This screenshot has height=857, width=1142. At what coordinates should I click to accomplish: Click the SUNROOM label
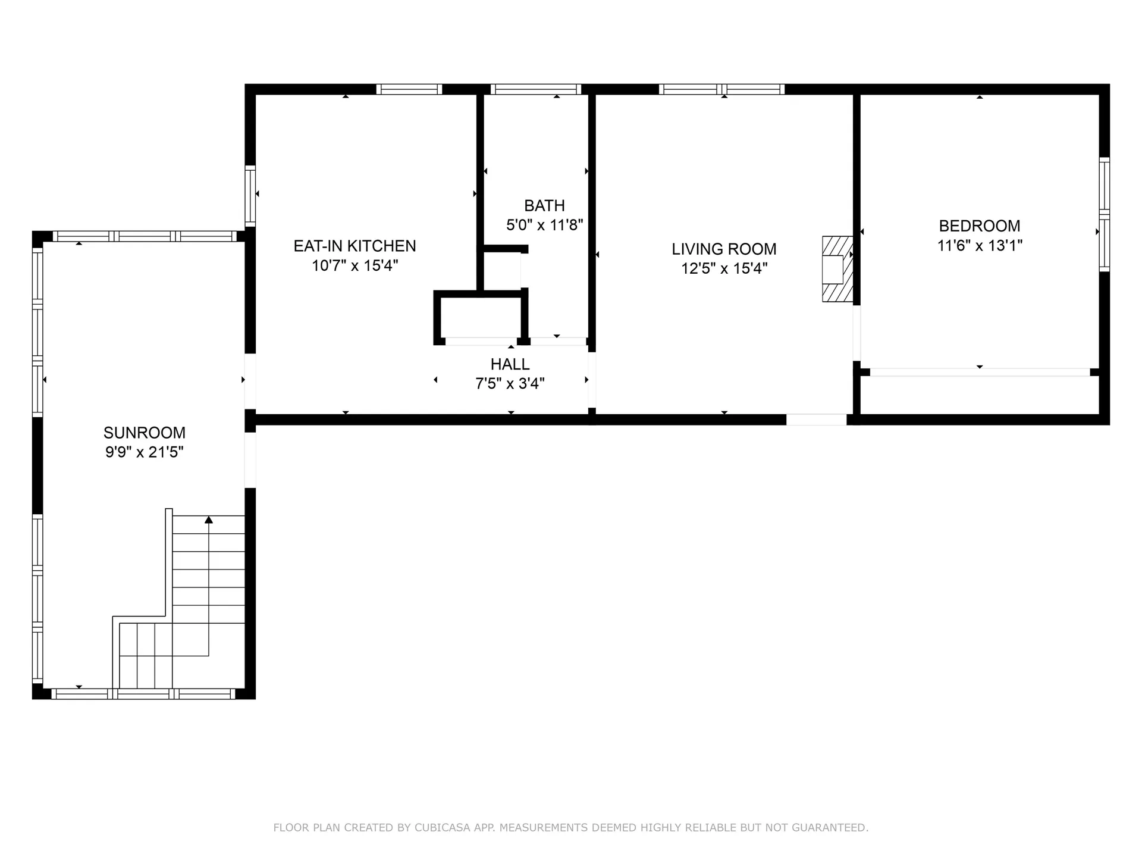click(145, 433)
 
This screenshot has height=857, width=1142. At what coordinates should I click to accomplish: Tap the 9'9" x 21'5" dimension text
click(145, 452)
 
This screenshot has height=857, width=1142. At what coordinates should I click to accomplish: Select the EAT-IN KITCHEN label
click(355, 246)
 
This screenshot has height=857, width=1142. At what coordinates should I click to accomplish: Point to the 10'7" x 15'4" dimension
click(355, 265)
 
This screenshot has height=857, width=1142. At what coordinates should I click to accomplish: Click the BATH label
click(544, 206)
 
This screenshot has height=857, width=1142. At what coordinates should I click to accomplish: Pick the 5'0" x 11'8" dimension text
click(544, 225)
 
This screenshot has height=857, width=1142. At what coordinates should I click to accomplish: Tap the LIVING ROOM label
click(724, 249)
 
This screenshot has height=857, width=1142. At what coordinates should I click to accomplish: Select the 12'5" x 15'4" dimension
click(724, 268)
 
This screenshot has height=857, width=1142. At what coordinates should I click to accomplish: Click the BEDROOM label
click(980, 226)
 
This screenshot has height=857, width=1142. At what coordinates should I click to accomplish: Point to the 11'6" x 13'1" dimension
click(980, 245)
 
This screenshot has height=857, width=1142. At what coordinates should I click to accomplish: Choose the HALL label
click(510, 364)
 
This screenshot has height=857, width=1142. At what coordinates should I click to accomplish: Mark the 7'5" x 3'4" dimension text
click(510, 384)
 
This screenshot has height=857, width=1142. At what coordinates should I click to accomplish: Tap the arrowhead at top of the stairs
click(209, 520)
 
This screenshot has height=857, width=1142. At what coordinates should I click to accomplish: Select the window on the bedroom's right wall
click(1105, 215)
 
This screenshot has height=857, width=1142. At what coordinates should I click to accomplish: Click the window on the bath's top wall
click(536, 89)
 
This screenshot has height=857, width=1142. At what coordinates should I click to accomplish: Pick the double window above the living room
click(721, 89)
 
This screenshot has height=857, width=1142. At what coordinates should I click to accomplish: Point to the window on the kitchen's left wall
click(250, 196)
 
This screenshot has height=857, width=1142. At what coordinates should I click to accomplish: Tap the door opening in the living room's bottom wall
click(816, 420)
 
